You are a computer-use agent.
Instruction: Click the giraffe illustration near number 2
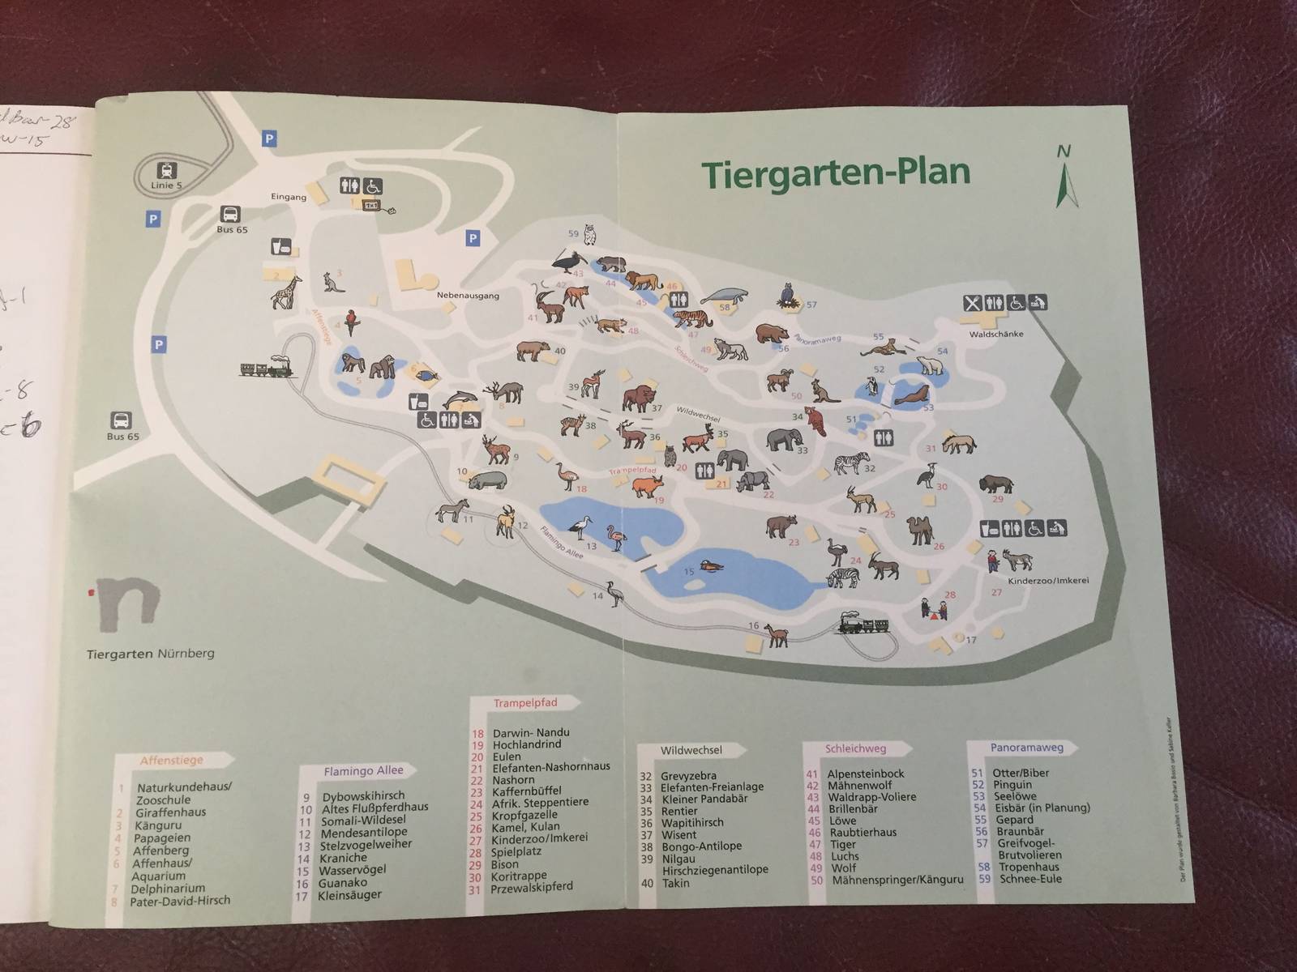point(286,293)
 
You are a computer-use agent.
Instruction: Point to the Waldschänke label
point(996,334)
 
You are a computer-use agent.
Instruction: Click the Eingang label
point(289,197)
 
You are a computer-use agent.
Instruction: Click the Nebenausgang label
point(468,296)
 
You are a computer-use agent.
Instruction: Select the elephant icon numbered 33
point(785,440)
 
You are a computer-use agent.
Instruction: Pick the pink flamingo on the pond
point(616,538)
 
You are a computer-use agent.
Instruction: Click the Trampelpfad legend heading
point(525,703)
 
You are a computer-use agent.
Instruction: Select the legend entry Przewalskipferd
point(531,887)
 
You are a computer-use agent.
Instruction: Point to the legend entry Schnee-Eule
point(1029,879)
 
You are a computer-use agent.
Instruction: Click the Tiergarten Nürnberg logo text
point(150,654)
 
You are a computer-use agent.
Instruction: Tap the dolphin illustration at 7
point(459,399)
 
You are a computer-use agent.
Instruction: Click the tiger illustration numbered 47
point(690,318)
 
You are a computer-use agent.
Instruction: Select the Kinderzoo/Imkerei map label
point(1047,581)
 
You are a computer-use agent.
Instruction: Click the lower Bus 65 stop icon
point(121,420)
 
